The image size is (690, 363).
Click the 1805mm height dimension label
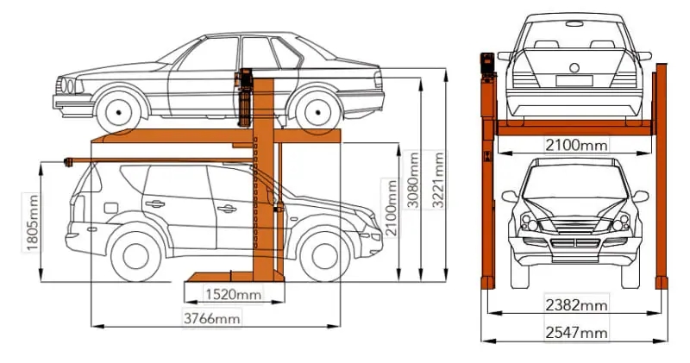click(x=33, y=222)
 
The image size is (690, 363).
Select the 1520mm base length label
click(x=234, y=294)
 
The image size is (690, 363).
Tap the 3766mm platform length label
click(x=212, y=317)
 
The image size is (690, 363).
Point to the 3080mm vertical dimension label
click(x=413, y=180)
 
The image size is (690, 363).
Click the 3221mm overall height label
click(x=437, y=180)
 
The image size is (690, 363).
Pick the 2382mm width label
click(x=576, y=305)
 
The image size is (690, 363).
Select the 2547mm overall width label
click(x=576, y=333)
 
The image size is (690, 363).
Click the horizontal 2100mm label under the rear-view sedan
click(x=576, y=145)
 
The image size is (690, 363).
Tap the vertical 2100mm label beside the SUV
click(x=391, y=207)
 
